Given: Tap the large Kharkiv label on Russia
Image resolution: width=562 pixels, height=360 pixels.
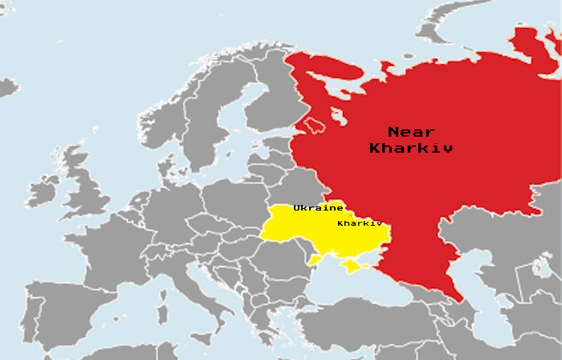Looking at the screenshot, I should point(411,148).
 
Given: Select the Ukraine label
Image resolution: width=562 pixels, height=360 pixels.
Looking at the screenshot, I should point(318,208).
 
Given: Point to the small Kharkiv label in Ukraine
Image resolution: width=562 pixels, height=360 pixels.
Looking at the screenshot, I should point(359,223).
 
